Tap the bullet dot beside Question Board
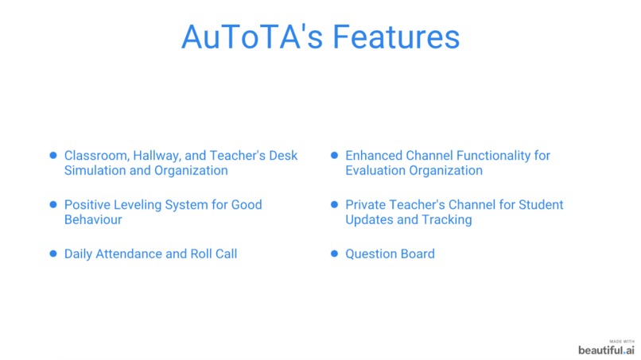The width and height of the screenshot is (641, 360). pyautogui.click(x=335, y=254)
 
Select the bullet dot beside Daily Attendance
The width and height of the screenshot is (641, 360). pyautogui.click(x=53, y=254)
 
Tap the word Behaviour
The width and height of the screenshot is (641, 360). pyautogui.click(x=93, y=219)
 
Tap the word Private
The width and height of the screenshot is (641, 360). pyautogui.click(x=367, y=204)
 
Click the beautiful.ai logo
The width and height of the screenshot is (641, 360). pyautogui.click(x=606, y=350)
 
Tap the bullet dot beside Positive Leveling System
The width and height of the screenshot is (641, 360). pyautogui.click(x=53, y=204)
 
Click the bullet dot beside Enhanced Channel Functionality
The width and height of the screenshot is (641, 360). pyautogui.click(x=335, y=156)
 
